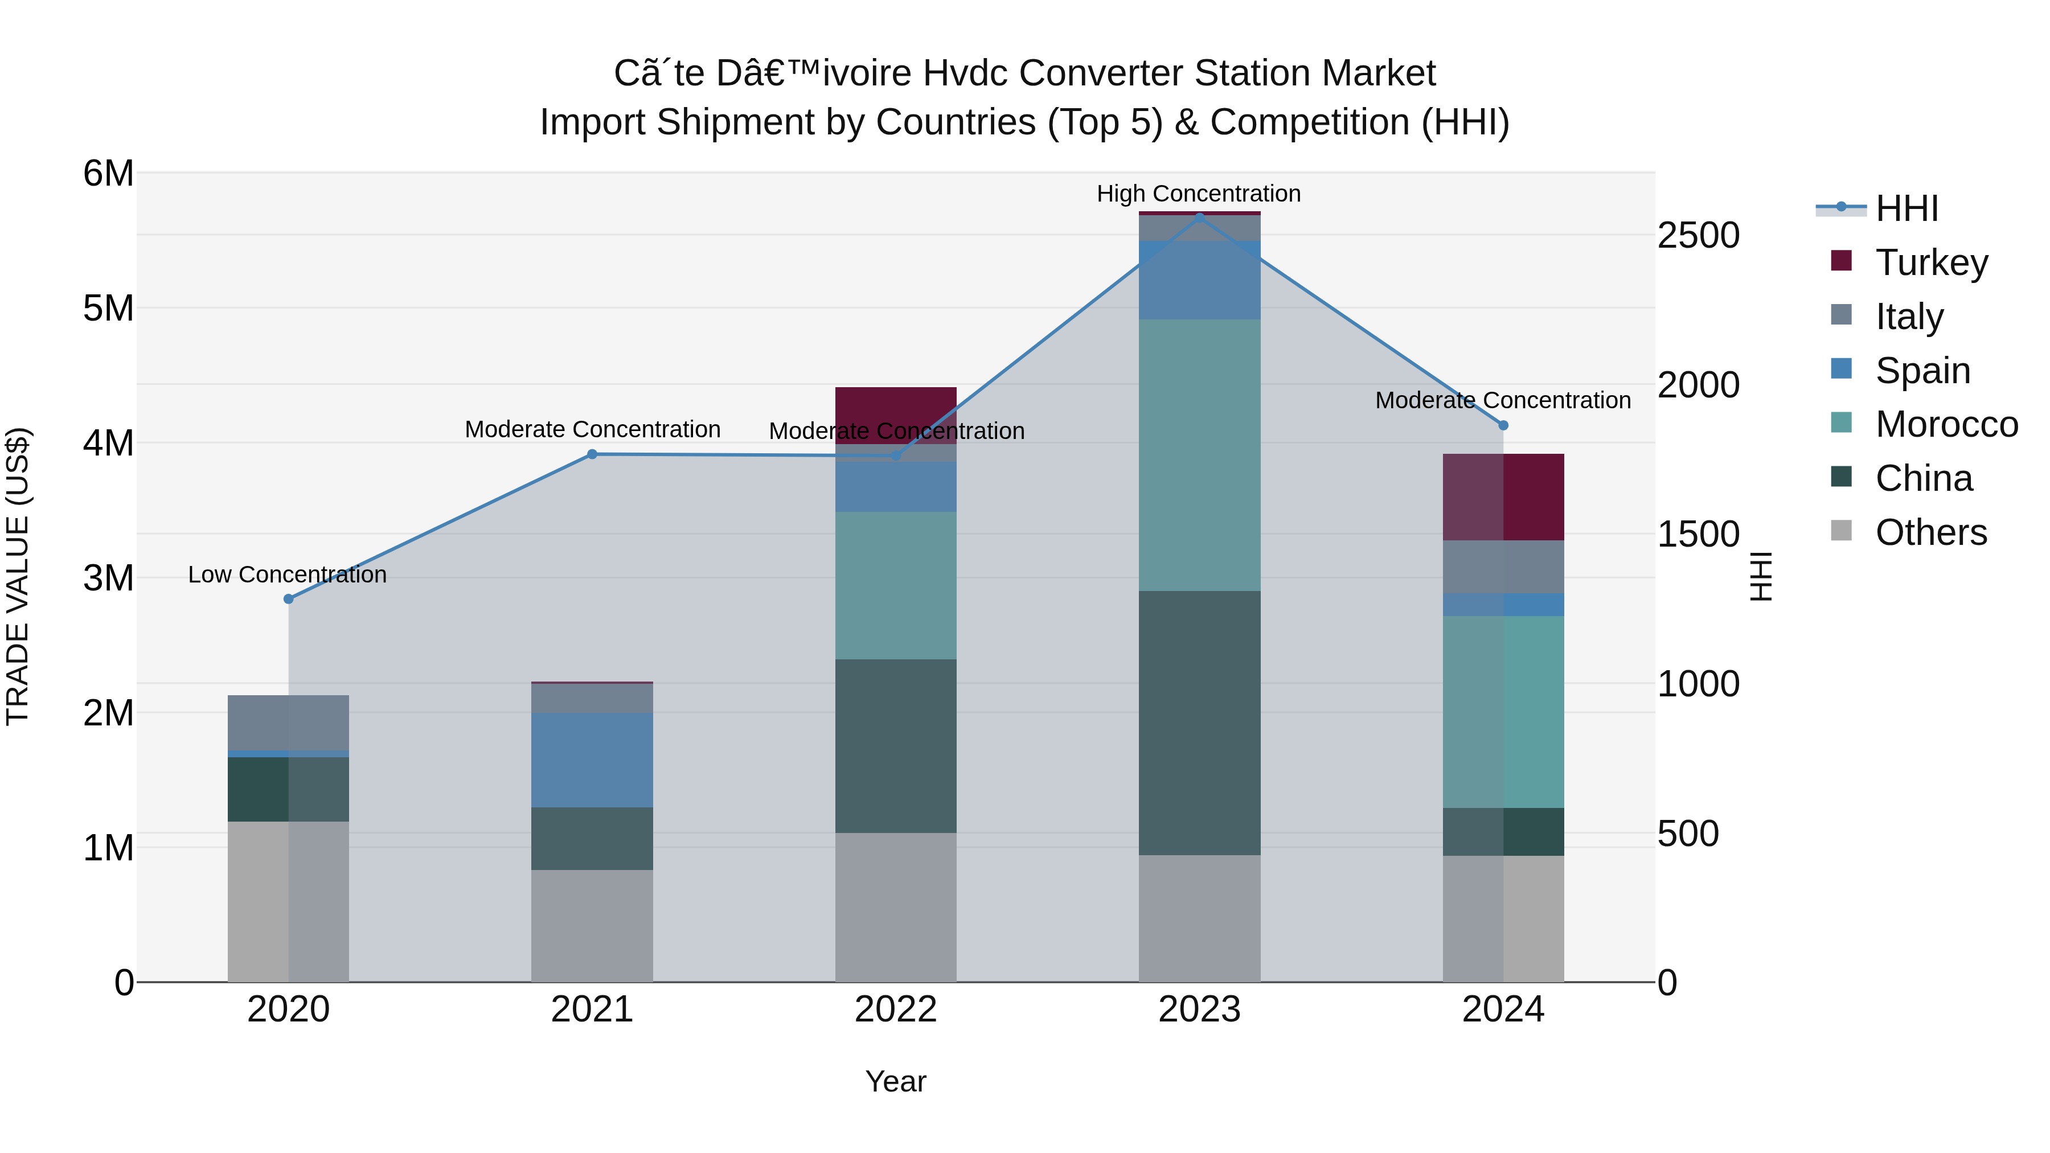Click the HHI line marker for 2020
288,598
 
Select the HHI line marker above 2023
1200,216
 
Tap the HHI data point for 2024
1503,425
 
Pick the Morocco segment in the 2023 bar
1199,455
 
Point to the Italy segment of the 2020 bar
288,723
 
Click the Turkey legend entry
1932,262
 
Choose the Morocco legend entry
1946,424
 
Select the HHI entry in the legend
1906,208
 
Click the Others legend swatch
1842,531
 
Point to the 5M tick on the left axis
108,308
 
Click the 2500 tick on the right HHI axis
1698,236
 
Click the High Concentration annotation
1199,194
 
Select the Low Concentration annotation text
288,575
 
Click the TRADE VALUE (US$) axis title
18,577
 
